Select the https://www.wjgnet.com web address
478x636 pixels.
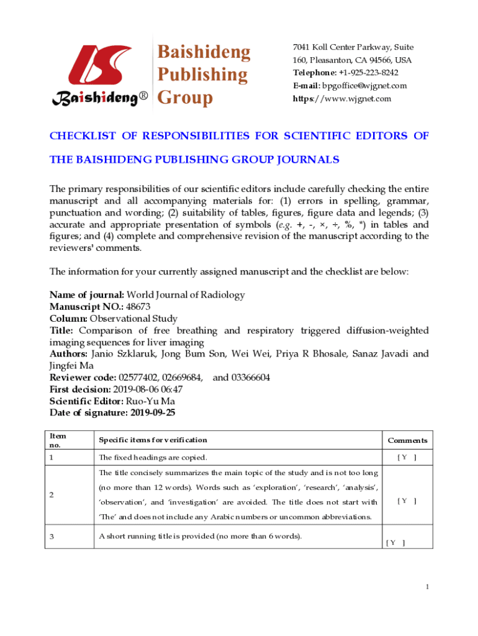(342, 99)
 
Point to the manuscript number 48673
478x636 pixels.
(138, 307)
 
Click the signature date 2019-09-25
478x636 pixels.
(155, 413)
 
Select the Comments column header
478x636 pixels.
(407, 440)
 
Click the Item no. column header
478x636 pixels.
(58, 440)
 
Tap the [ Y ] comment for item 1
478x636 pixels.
(407, 458)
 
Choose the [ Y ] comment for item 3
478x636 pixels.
(395, 543)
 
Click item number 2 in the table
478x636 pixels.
(52, 495)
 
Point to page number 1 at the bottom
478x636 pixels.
(428, 587)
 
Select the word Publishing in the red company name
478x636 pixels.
(202, 75)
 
